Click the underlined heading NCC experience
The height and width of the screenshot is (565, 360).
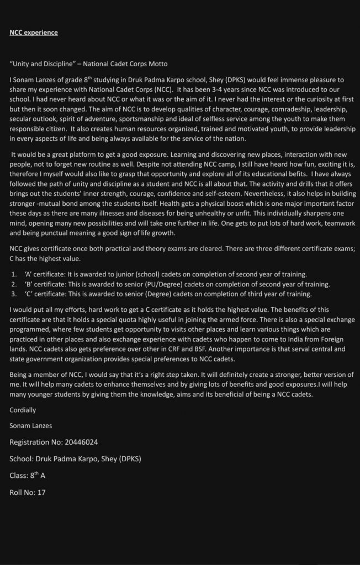point(34,33)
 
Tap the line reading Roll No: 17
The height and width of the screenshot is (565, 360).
point(28,492)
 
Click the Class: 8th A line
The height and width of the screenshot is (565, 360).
point(30,476)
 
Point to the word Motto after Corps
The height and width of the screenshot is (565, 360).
point(150,65)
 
